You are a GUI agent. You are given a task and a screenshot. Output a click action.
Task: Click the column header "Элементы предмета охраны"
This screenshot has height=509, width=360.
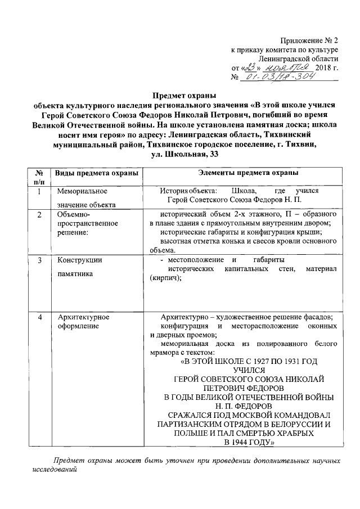pyautogui.click(x=241, y=172)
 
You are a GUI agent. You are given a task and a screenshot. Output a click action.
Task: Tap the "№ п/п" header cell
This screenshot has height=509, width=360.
pyautogui.click(x=39, y=177)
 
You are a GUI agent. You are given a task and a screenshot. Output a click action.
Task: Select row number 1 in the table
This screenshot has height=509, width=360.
pyautogui.click(x=39, y=192)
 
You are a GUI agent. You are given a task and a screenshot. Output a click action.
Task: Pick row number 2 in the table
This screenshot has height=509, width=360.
pyautogui.click(x=39, y=215)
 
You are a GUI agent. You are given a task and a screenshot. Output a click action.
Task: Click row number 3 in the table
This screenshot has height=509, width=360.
pyautogui.click(x=39, y=260)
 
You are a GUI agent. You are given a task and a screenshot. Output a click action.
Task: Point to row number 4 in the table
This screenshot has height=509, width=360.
pyautogui.click(x=39, y=318)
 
